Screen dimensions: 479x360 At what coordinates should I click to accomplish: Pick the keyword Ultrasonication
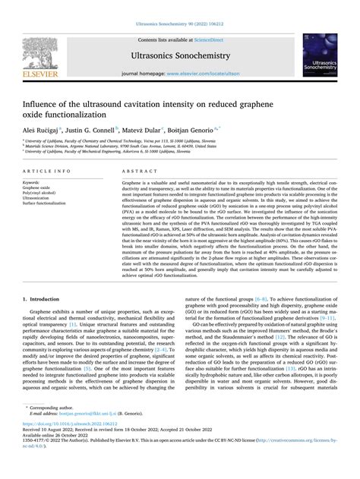coord(38,197)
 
